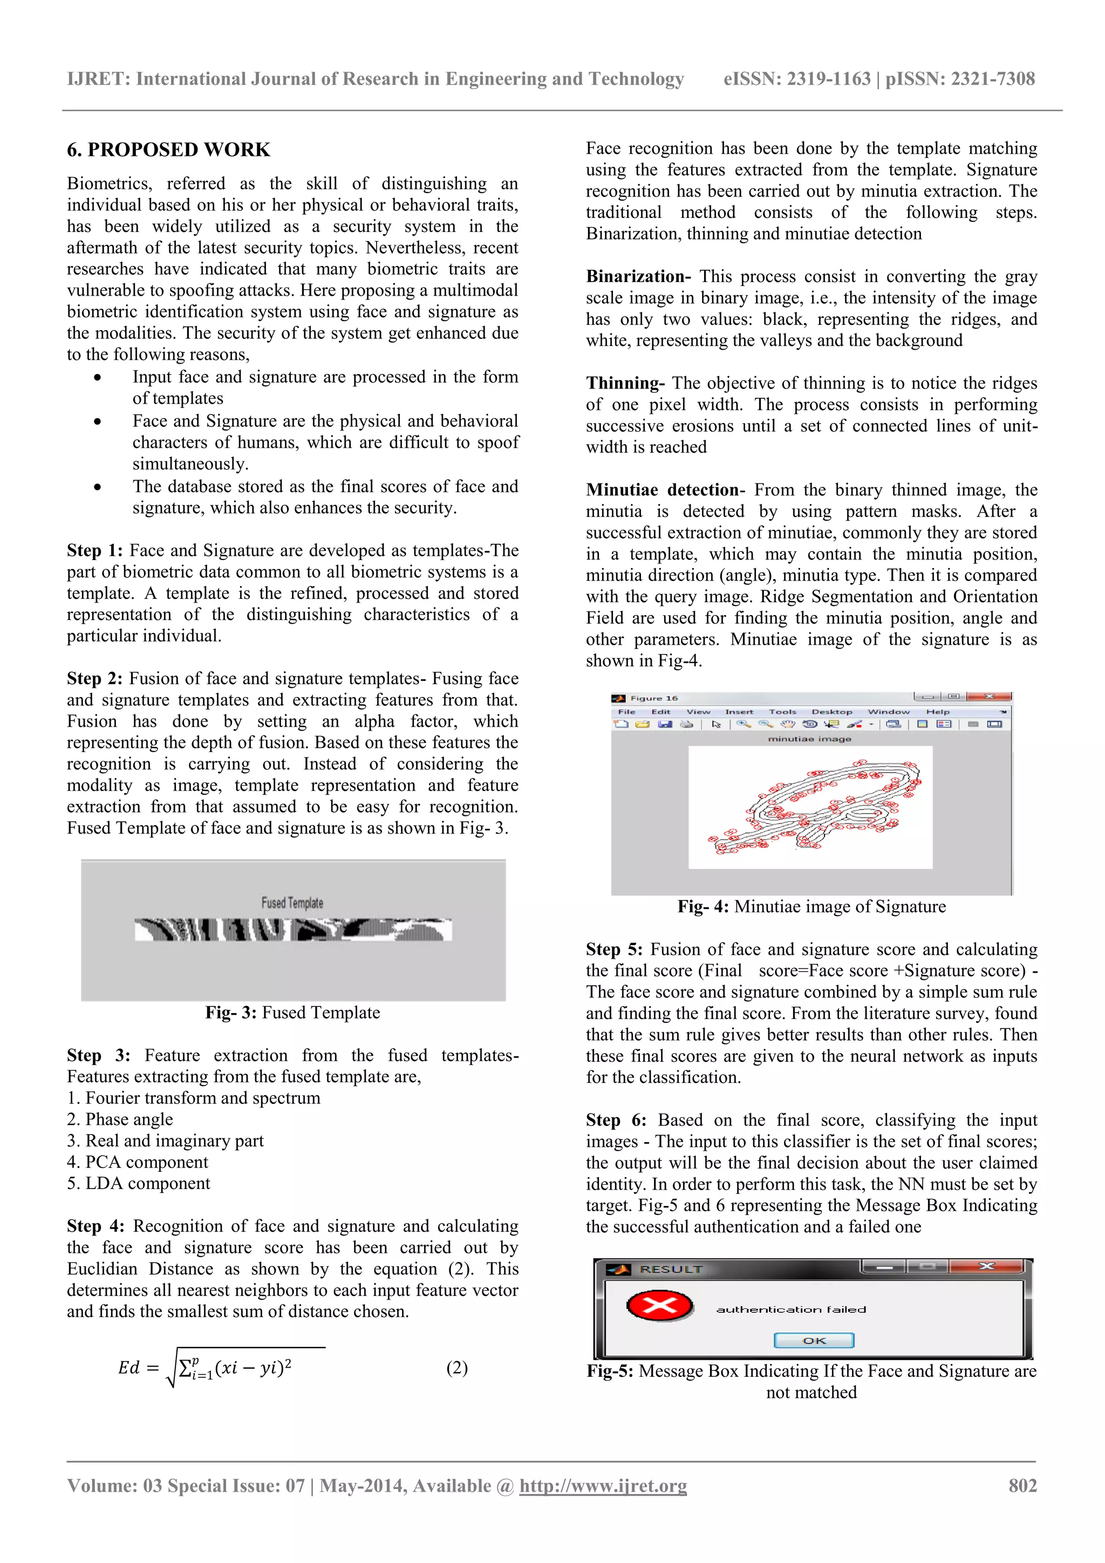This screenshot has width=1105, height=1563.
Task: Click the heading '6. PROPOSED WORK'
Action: [168, 150]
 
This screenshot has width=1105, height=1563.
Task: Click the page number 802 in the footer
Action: [1022, 1485]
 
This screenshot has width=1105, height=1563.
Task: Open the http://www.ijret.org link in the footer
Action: [603, 1485]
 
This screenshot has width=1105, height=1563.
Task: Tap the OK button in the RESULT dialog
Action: [814, 1340]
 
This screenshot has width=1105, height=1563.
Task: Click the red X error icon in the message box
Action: [658, 1306]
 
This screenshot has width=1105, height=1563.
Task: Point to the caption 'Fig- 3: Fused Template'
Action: [293, 1012]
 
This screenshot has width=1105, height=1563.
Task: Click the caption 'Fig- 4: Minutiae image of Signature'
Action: [811, 907]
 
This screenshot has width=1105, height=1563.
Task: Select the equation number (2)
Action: [457, 1368]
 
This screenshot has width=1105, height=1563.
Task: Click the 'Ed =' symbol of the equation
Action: [138, 1368]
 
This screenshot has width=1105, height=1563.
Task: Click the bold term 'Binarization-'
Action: [638, 276]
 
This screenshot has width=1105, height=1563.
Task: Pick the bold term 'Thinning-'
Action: [625, 383]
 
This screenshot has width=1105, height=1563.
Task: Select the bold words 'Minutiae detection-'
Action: [665, 490]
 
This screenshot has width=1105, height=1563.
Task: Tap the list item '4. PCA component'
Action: [138, 1162]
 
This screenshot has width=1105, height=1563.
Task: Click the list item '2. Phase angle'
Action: [120, 1119]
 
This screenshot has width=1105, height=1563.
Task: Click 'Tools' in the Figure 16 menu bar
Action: [782, 712]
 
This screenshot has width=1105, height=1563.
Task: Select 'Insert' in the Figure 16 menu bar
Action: [739, 712]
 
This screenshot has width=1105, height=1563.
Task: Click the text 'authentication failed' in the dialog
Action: [790, 1309]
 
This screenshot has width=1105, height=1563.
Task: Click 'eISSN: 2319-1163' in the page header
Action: [796, 79]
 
